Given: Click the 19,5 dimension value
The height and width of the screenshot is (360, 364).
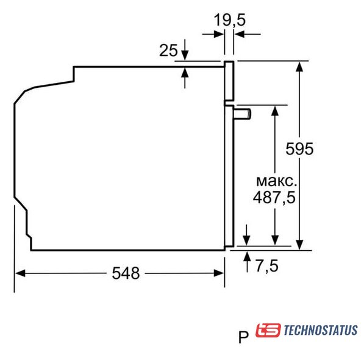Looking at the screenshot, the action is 229,20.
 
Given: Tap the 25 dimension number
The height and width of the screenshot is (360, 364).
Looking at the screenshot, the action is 168,50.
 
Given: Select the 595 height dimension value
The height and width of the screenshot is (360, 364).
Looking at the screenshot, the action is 299,149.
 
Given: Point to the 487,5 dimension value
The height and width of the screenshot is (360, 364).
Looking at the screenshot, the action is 274,198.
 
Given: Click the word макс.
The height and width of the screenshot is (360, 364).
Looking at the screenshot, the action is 276,181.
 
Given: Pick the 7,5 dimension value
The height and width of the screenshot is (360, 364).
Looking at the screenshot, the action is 266,265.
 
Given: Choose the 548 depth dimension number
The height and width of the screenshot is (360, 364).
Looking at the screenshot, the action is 126,273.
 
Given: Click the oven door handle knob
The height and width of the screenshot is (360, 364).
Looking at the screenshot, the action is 242,114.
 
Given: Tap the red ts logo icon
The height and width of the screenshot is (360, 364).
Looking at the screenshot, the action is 268,330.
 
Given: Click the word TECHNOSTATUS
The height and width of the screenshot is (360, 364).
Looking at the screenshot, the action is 321,330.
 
